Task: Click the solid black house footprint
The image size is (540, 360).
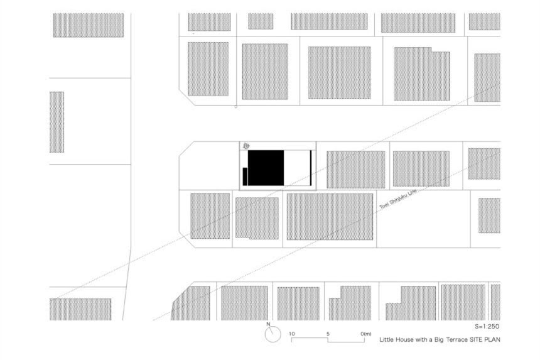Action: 266,168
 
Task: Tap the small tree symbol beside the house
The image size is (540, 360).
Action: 246,146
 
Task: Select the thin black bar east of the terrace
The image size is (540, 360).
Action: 311,168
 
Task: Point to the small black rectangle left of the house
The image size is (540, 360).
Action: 246,177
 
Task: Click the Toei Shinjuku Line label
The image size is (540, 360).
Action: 398,199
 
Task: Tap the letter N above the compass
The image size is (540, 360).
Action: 268,324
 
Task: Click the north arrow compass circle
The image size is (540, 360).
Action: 273,334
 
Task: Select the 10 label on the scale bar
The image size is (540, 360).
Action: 292,334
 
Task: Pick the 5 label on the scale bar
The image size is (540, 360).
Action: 328,334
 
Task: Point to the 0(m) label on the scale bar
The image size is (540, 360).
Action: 366,334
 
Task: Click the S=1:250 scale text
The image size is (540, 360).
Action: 487,326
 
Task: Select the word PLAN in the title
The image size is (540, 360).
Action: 492,339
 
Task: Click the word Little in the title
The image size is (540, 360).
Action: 386,339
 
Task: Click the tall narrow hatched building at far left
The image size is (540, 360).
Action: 57,122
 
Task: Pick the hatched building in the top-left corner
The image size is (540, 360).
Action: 89,25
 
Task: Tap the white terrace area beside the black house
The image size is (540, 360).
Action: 296,168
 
